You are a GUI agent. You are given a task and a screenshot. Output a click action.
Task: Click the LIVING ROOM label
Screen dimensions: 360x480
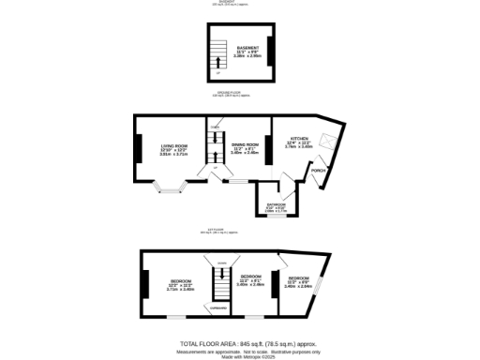pyautogui.click(x=174, y=145)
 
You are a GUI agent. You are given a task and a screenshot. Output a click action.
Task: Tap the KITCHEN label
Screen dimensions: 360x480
pyautogui.click(x=299, y=137)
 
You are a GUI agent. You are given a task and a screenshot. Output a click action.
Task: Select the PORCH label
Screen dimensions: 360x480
pyautogui.click(x=319, y=172)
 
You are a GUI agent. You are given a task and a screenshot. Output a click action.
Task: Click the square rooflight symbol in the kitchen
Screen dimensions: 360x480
pyautogui.click(x=327, y=140)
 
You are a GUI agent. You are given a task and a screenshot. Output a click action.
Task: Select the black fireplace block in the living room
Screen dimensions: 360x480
pyautogui.click(x=139, y=148)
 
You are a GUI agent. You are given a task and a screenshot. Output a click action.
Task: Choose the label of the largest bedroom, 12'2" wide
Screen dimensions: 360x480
pyautogui.click(x=181, y=281)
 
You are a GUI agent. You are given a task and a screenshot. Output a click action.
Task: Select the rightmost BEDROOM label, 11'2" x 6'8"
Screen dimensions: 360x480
pyautogui.click(x=299, y=278)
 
